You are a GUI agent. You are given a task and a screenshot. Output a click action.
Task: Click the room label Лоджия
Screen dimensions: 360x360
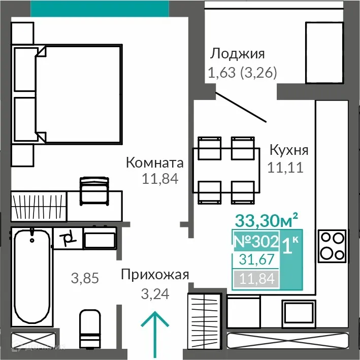pyautogui.click(x=238, y=54)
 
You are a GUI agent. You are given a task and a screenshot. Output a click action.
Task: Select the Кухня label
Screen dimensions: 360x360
pyautogui.click(x=288, y=150)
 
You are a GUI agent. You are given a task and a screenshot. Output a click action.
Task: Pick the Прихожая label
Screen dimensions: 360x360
pyautogui.click(x=155, y=275)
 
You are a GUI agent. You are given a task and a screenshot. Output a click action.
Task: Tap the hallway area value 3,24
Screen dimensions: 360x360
pyautogui.click(x=155, y=293)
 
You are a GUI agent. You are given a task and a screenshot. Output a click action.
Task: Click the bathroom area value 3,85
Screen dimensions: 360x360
pyautogui.click(x=85, y=278)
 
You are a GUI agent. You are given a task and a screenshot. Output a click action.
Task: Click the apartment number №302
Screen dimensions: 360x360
pyautogui.click(x=255, y=241)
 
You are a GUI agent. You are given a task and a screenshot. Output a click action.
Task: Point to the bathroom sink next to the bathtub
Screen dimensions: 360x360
pyautogui.click(x=100, y=238)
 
